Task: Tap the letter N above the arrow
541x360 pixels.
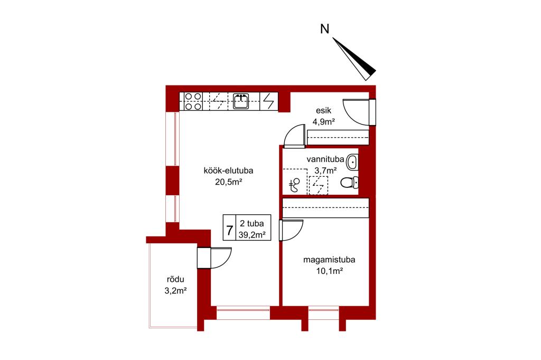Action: pyautogui.click(x=325, y=29)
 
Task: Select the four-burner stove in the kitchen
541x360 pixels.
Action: pyautogui.click(x=193, y=101)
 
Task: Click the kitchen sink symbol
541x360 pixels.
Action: pyautogui.click(x=241, y=101)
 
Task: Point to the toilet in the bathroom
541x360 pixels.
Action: pyautogui.click(x=349, y=182)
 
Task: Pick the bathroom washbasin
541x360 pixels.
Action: pyautogui.click(x=352, y=162)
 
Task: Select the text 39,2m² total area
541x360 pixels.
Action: pyautogui.click(x=252, y=235)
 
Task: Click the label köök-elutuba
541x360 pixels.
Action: pyautogui.click(x=228, y=170)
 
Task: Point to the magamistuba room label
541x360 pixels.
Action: pyautogui.click(x=329, y=260)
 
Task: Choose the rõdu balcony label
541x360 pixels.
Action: pyautogui.click(x=175, y=279)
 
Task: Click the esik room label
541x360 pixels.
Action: pyautogui.click(x=323, y=111)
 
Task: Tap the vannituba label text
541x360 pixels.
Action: pyautogui.click(x=325, y=159)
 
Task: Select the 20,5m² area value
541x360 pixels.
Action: pyautogui.click(x=228, y=182)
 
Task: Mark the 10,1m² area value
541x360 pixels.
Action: pyautogui.click(x=329, y=271)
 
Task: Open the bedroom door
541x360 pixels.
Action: pyautogui.click(x=297, y=232)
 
